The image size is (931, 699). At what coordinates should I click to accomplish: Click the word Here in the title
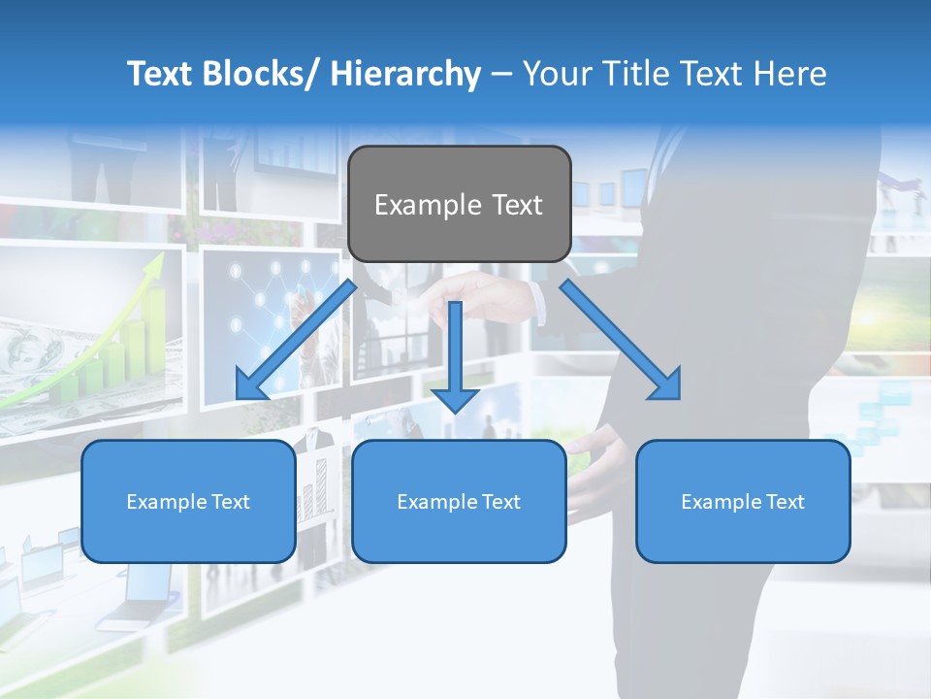coord(787,74)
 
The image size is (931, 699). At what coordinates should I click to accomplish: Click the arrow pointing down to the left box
coord(295,341)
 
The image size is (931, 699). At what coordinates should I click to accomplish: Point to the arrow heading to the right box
coord(621,341)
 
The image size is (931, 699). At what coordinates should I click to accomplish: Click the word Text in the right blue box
coord(785,502)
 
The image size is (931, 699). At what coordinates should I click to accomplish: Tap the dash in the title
coord(501,74)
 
